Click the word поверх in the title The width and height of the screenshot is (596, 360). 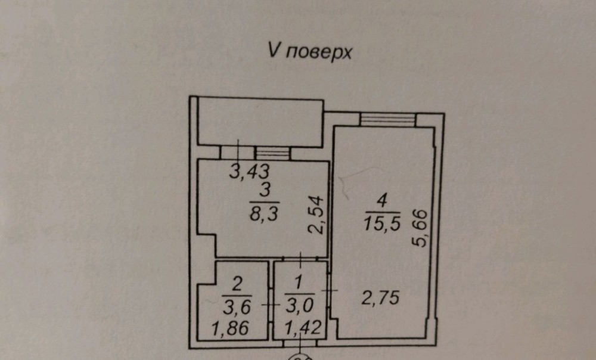(318, 53)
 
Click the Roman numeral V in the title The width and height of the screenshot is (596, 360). (274, 50)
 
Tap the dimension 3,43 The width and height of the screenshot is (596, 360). (249, 172)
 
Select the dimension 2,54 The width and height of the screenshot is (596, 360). (316, 215)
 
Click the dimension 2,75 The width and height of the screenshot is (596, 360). (380, 297)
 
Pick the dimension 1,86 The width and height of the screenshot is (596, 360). (231, 328)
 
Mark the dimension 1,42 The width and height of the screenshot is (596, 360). (303, 328)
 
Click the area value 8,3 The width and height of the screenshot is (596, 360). (264, 213)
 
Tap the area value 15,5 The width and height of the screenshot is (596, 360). (383, 223)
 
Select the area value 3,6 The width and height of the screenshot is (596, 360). (237, 307)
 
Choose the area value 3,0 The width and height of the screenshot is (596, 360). (300, 306)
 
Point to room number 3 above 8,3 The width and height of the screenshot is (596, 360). (265, 190)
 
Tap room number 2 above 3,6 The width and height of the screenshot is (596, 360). (237, 284)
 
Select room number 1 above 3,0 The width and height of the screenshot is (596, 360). (299, 283)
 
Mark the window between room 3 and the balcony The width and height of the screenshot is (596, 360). (272, 153)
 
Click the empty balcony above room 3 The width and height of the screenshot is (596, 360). (261, 122)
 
